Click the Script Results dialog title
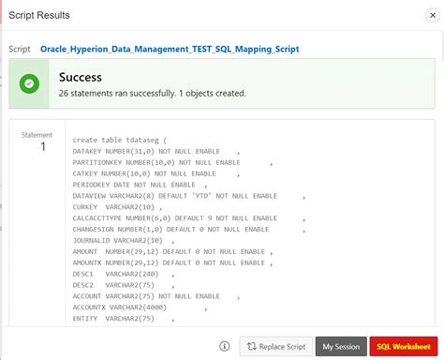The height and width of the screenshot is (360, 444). pos(39,16)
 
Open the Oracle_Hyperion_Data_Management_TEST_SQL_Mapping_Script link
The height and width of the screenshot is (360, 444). pos(170,48)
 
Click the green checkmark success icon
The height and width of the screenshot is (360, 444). pos(30,83)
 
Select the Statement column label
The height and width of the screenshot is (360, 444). pos(38,135)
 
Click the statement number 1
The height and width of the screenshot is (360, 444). pos(41,148)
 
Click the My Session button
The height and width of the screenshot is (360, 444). pos(340,346)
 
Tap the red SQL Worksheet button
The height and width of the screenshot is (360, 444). pos(404,346)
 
